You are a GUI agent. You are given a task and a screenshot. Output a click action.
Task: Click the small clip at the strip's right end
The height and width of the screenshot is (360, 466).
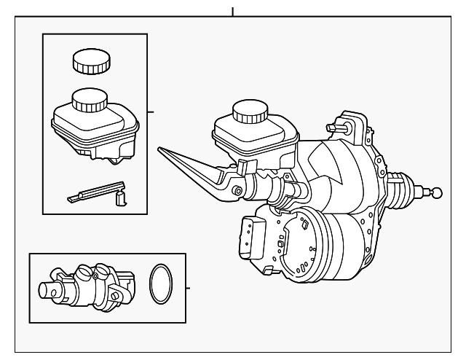(x=122, y=197)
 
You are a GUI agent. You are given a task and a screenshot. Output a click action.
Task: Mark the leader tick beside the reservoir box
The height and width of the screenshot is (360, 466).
(x=151, y=112)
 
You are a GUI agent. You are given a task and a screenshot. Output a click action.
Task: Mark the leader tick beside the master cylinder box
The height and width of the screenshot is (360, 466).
(x=189, y=288)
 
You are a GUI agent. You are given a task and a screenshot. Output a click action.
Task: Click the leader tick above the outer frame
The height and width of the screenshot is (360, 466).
(x=233, y=11)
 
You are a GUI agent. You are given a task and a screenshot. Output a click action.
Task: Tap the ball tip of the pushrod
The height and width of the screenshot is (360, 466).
(x=436, y=192)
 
